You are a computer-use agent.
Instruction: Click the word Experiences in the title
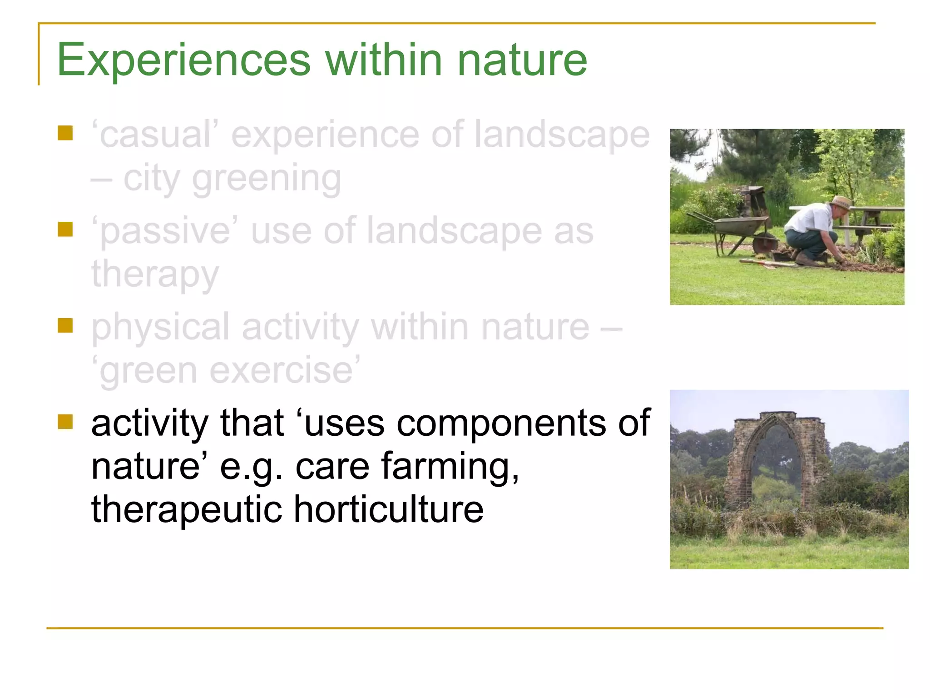pos(184,60)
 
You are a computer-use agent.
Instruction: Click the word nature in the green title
pos(522,60)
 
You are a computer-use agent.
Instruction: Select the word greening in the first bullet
pos(266,179)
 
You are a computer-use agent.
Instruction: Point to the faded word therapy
pos(155,275)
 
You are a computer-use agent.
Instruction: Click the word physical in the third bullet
pos(160,327)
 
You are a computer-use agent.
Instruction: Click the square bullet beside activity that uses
pos(65,422)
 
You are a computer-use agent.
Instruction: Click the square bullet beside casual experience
pos(65,133)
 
